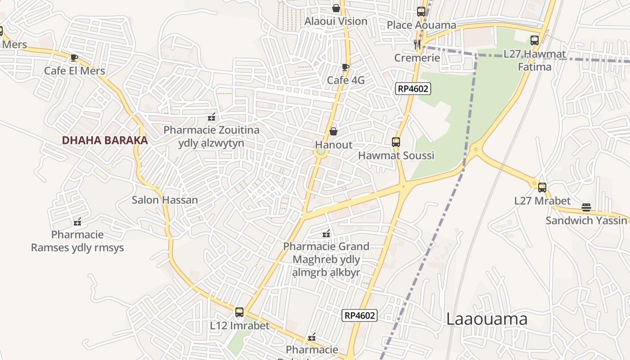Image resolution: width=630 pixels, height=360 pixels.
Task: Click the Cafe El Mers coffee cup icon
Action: coord(74,58)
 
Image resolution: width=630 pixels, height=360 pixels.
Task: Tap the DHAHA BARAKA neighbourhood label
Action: coord(105,140)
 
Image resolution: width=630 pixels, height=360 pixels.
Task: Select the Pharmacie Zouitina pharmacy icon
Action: coord(211,117)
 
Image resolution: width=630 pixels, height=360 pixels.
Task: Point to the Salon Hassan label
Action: coord(165,200)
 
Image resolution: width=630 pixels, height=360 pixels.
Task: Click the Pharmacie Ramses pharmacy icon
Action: coord(77,221)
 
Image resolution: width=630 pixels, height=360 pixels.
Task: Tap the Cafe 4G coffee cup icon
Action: coord(345,67)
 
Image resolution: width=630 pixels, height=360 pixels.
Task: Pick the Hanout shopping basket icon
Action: coord(333,131)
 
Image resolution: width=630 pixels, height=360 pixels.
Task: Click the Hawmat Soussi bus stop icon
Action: coord(396,142)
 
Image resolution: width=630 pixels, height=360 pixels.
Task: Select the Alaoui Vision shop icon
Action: coord(336,8)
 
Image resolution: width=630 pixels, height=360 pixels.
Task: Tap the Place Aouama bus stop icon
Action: coord(421,12)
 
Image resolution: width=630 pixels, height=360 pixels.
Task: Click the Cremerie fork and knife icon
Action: coord(418,44)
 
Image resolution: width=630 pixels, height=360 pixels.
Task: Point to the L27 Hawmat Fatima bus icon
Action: coord(534,40)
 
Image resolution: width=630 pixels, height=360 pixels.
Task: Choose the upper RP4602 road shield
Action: coord(413,89)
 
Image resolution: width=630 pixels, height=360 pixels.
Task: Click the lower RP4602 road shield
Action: coord(359,315)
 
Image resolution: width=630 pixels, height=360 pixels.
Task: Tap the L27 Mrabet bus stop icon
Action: coord(542,188)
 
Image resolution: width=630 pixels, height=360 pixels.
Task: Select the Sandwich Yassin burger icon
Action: coord(586,207)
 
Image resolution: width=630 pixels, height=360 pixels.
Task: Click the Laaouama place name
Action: coord(486,319)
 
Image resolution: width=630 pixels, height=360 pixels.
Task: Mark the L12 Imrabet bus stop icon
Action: coord(239,312)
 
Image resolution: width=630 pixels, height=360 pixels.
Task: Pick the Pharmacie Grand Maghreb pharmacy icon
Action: coord(326,234)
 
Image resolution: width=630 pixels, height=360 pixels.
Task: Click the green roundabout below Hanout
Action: coord(320,152)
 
